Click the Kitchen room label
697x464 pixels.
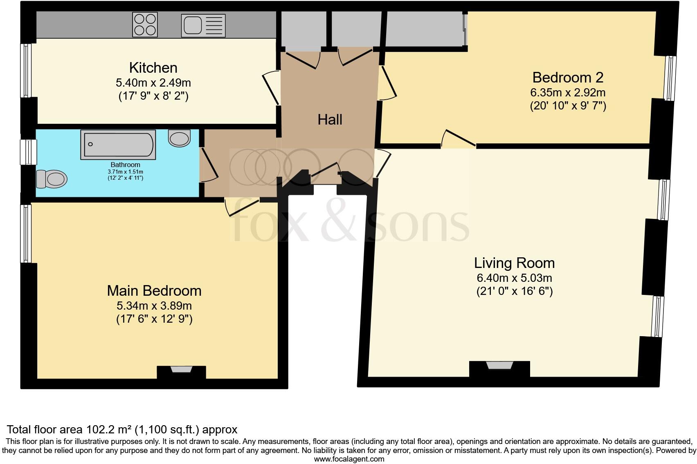click(153, 67)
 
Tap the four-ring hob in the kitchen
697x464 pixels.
click(145, 25)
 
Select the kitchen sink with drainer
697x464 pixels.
click(203, 25)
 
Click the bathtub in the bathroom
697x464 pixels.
click(118, 145)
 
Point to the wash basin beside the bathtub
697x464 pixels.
click(179, 138)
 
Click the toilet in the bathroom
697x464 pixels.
click(52, 178)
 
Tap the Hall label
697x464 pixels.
click(330, 120)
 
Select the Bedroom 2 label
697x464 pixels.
click(568, 77)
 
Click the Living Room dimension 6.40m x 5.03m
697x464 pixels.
click(514, 278)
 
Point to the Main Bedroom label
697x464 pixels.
click(154, 291)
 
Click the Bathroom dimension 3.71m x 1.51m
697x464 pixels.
click(125, 172)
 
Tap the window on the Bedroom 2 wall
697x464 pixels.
click(670, 78)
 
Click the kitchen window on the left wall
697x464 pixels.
click(26, 70)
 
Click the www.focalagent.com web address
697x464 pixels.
click(349, 459)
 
